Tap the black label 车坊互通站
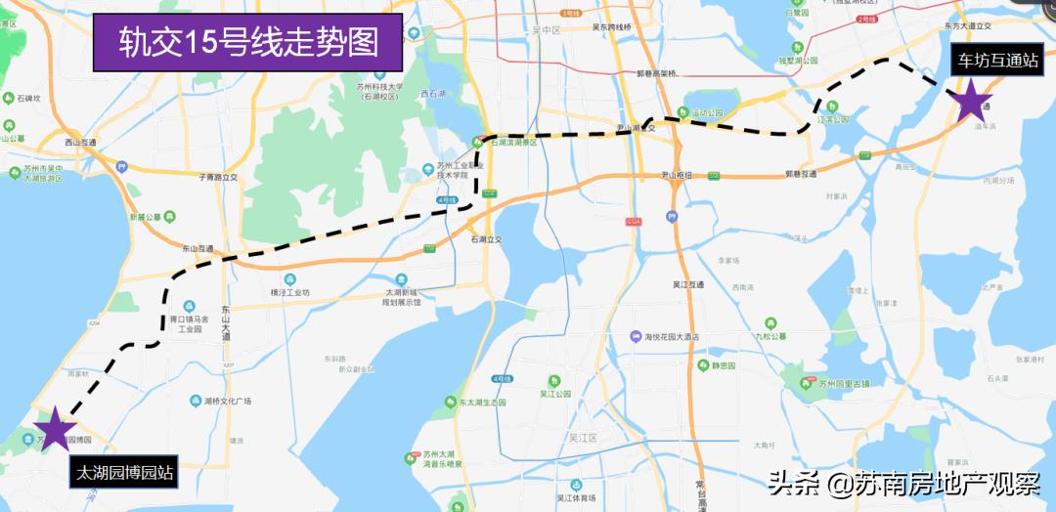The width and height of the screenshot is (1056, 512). tap(997, 61)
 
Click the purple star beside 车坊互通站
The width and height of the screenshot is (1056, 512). tap(972, 103)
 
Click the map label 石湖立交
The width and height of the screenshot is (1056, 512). tap(485, 238)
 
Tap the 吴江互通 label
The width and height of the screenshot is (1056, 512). tap(688, 284)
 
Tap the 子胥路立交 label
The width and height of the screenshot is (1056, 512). tap(218, 178)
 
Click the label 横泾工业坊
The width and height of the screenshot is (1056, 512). tap(289, 292)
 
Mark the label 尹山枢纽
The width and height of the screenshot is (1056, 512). tap(677, 176)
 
